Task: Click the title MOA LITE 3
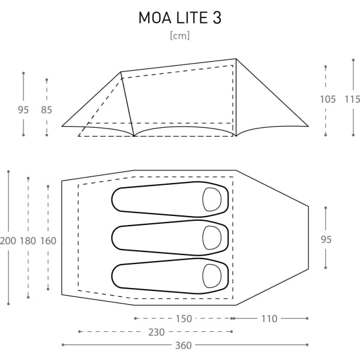click(x=180, y=17)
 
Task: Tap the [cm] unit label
click(x=180, y=36)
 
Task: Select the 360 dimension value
click(x=183, y=346)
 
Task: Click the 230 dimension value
click(x=157, y=332)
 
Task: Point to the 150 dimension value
click(x=184, y=319)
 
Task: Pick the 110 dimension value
click(x=269, y=319)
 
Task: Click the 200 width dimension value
click(x=8, y=241)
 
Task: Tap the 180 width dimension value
click(x=28, y=241)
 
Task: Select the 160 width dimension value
click(x=48, y=241)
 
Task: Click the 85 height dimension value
click(x=46, y=110)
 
